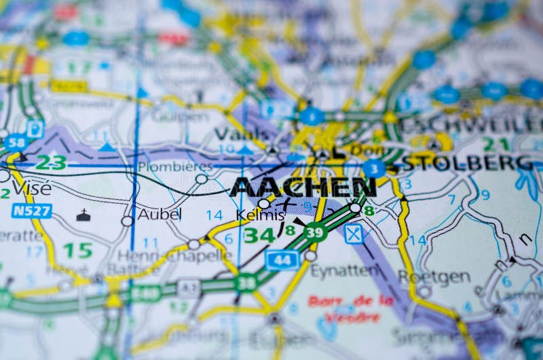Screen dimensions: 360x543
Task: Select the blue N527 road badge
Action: point(31,211)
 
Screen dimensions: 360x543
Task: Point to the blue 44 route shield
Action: point(282,259)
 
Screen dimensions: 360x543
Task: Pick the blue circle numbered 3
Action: point(374,168)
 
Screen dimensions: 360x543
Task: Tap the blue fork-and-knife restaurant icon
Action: point(353,234)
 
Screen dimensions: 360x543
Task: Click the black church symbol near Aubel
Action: point(83,215)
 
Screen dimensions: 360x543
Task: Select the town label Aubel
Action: point(160,215)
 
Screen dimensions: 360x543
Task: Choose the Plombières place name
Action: point(175,166)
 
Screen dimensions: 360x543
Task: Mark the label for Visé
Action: point(31,187)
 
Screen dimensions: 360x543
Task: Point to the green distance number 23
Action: point(51,163)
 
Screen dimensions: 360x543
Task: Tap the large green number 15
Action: point(77,250)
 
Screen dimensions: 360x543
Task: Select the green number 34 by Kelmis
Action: point(259,236)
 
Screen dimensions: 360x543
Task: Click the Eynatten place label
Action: point(344,270)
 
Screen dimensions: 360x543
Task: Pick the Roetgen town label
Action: point(434,276)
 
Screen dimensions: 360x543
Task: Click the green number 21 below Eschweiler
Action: point(495,144)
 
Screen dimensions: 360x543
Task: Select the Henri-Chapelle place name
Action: point(174,256)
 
